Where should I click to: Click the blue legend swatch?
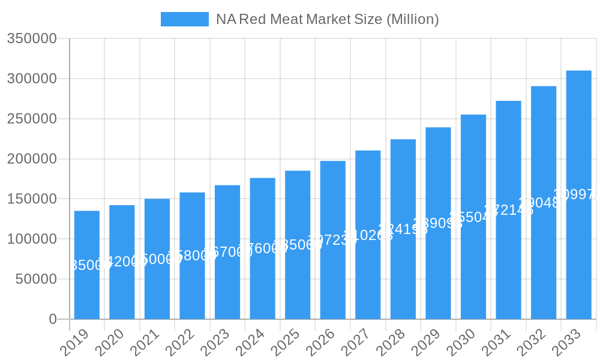(185, 19)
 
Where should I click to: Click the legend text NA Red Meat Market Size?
(327, 19)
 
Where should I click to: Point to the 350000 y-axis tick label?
(32, 39)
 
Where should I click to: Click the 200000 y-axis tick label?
(32, 159)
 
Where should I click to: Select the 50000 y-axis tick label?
(35, 279)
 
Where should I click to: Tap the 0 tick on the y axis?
(53, 319)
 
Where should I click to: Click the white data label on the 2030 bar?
(473, 217)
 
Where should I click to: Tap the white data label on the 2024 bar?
(263, 248)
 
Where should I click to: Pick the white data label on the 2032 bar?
(544, 203)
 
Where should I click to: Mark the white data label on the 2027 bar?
(368, 235)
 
